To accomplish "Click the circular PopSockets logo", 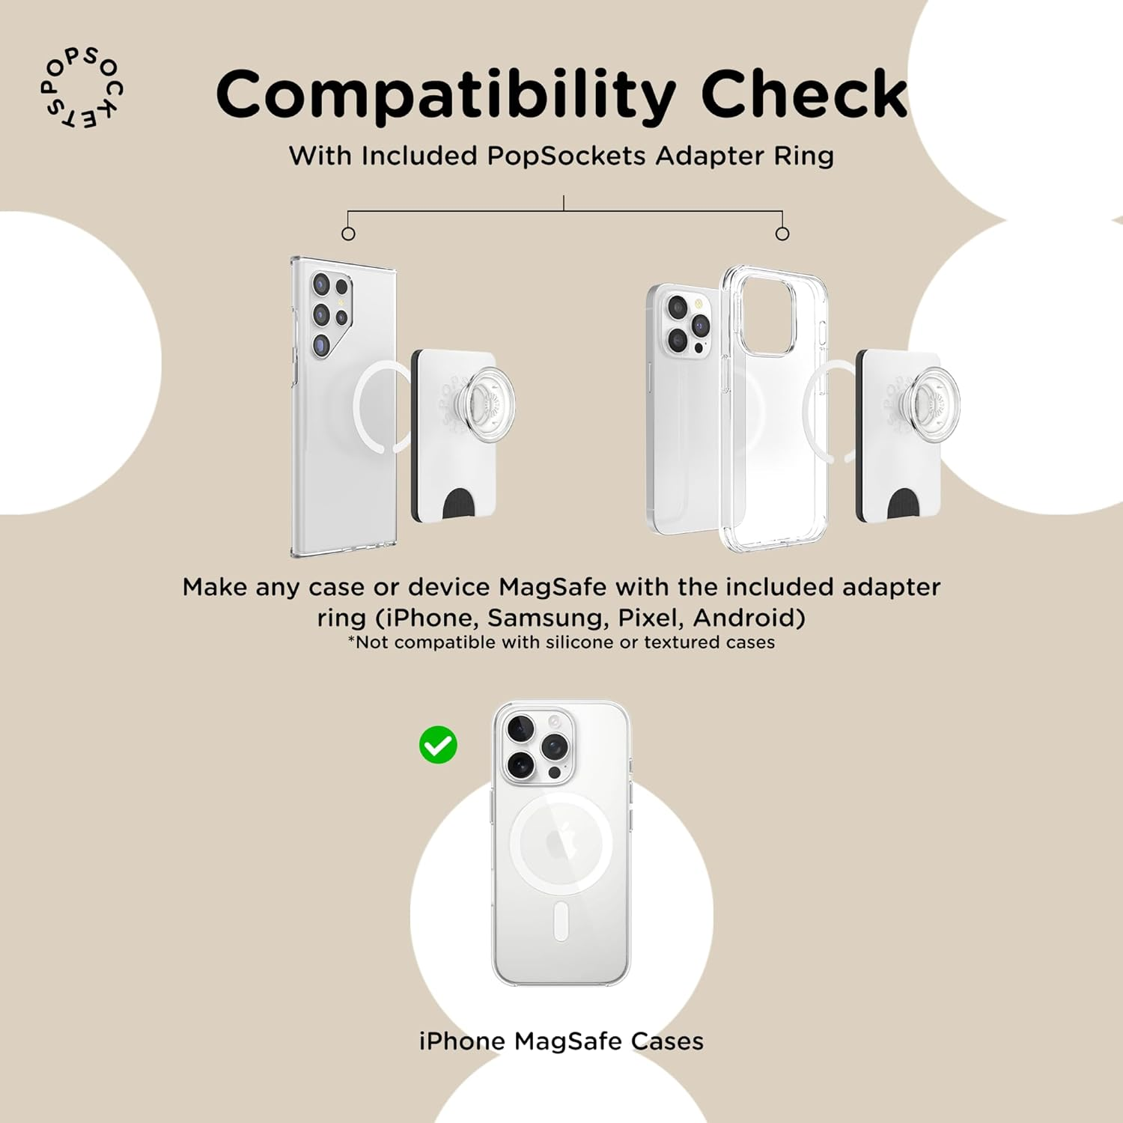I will click(81, 89).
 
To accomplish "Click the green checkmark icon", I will click(438, 745).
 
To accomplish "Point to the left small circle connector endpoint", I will click(348, 234).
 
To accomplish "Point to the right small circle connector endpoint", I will click(782, 234).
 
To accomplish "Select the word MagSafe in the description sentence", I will click(553, 587).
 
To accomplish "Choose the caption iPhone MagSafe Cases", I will click(561, 1041).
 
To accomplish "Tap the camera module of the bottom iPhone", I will click(536, 744).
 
